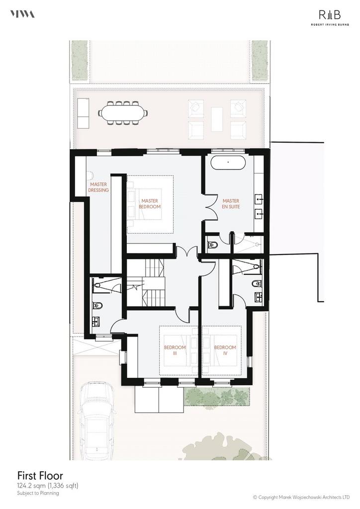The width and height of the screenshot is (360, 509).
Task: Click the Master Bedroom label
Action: (150, 203)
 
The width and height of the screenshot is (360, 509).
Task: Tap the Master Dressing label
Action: (98, 187)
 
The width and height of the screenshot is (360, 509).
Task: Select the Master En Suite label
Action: (231, 203)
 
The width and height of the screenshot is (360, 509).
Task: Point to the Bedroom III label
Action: (175, 350)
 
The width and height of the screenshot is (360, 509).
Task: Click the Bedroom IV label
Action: (225, 350)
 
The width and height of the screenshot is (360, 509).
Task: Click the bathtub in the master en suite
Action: (228, 163)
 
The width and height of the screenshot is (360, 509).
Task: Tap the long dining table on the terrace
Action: (123, 113)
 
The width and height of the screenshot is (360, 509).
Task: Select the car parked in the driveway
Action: (98, 420)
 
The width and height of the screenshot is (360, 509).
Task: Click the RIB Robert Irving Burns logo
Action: (330, 17)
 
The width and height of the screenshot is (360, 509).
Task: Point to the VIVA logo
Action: (22, 14)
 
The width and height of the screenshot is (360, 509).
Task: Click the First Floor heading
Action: (40, 476)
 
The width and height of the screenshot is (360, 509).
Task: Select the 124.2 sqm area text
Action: (48, 486)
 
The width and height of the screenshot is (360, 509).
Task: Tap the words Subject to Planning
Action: (38, 493)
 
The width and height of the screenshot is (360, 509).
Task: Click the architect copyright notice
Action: (301, 497)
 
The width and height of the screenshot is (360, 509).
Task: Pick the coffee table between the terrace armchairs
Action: (217, 119)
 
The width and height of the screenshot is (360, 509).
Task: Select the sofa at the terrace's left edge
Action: (83, 113)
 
